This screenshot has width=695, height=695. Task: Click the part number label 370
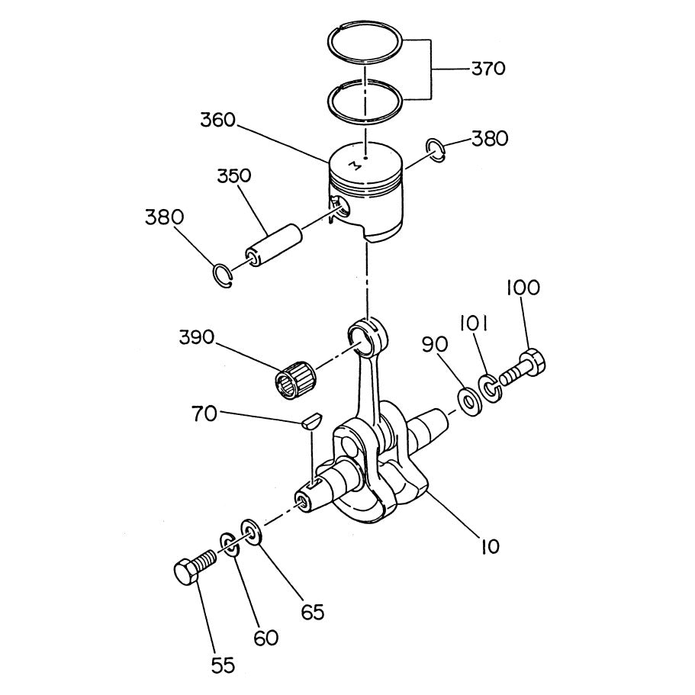click(488, 69)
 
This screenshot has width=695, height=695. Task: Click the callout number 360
click(218, 121)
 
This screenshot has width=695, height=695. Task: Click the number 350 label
click(233, 175)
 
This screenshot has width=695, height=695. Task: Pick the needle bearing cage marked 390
click(294, 376)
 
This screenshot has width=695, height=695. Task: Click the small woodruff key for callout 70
click(311, 420)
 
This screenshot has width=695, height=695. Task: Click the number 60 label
click(265, 637)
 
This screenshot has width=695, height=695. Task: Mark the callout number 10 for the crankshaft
click(489, 546)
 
